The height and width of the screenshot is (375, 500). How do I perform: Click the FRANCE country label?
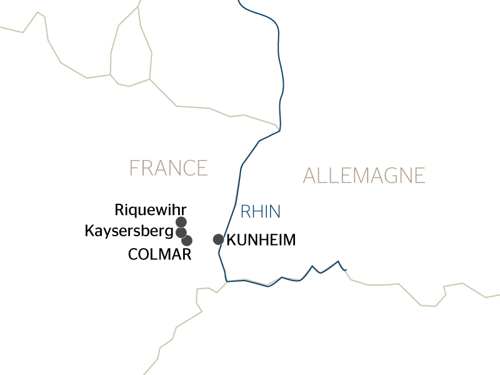coord(168,168)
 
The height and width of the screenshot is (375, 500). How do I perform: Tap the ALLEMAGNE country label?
coord(364,176)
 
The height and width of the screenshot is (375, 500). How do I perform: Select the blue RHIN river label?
coord(261,212)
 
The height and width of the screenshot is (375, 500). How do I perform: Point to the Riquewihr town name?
coord(151,209)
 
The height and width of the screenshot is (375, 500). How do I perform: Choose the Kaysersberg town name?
coord(129,232)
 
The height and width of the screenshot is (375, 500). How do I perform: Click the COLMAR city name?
coord(159,254)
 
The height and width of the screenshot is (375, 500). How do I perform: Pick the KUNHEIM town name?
coord(261,240)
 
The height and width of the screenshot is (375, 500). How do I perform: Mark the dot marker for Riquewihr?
coord(181,222)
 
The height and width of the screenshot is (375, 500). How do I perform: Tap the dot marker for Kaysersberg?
coord(181,232)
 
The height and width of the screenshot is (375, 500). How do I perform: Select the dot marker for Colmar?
coord(186,241)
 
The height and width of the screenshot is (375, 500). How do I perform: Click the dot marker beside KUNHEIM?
coord(218,239)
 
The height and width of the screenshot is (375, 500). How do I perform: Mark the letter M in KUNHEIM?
coord(287,240)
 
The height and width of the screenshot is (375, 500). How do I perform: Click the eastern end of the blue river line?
coord(346,270)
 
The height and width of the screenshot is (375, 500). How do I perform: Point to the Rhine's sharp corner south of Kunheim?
coord(226,281)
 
